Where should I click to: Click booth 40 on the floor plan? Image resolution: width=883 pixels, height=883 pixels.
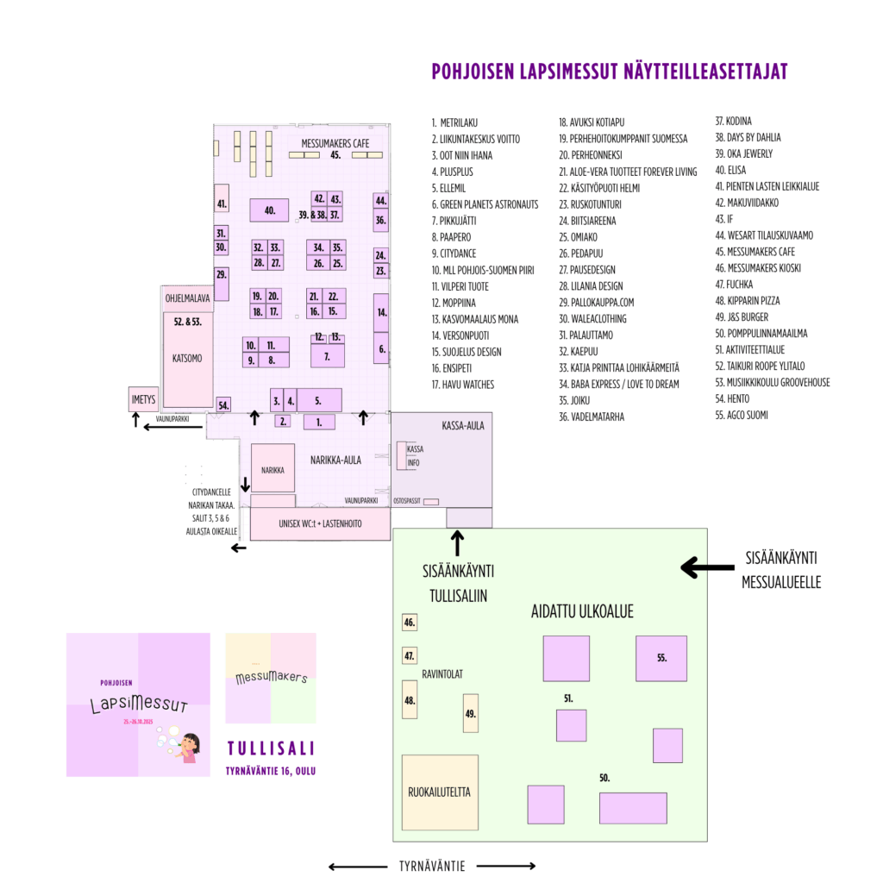[x=269, y=210]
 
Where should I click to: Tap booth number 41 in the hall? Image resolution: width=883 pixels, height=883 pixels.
[x=222, y=204]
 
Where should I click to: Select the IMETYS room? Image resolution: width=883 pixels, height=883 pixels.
[x=142, y=399]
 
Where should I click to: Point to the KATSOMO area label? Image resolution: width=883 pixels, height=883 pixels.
[x=187, y=358]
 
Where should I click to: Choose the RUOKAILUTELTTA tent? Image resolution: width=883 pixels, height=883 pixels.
[x=440, y=792]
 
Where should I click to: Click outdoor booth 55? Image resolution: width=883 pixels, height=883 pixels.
[x=661, y=658]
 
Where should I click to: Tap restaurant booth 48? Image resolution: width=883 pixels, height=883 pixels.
[x=410, y=700]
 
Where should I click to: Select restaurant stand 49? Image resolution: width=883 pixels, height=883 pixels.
[x=471, y=714]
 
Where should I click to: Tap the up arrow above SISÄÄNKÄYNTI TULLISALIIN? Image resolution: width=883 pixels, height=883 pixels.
[x=457, y=544]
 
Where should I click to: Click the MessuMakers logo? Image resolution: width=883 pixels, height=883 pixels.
[x=271, y=678]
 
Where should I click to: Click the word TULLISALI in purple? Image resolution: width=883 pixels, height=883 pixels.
[x=271, y=747]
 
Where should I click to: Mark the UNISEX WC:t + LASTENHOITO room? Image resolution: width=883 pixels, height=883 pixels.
[x=320, y=523]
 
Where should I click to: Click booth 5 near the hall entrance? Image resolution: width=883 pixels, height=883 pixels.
[x=317, y=400]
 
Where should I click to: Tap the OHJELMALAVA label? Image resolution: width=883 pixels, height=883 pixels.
[x=187, y=298]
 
